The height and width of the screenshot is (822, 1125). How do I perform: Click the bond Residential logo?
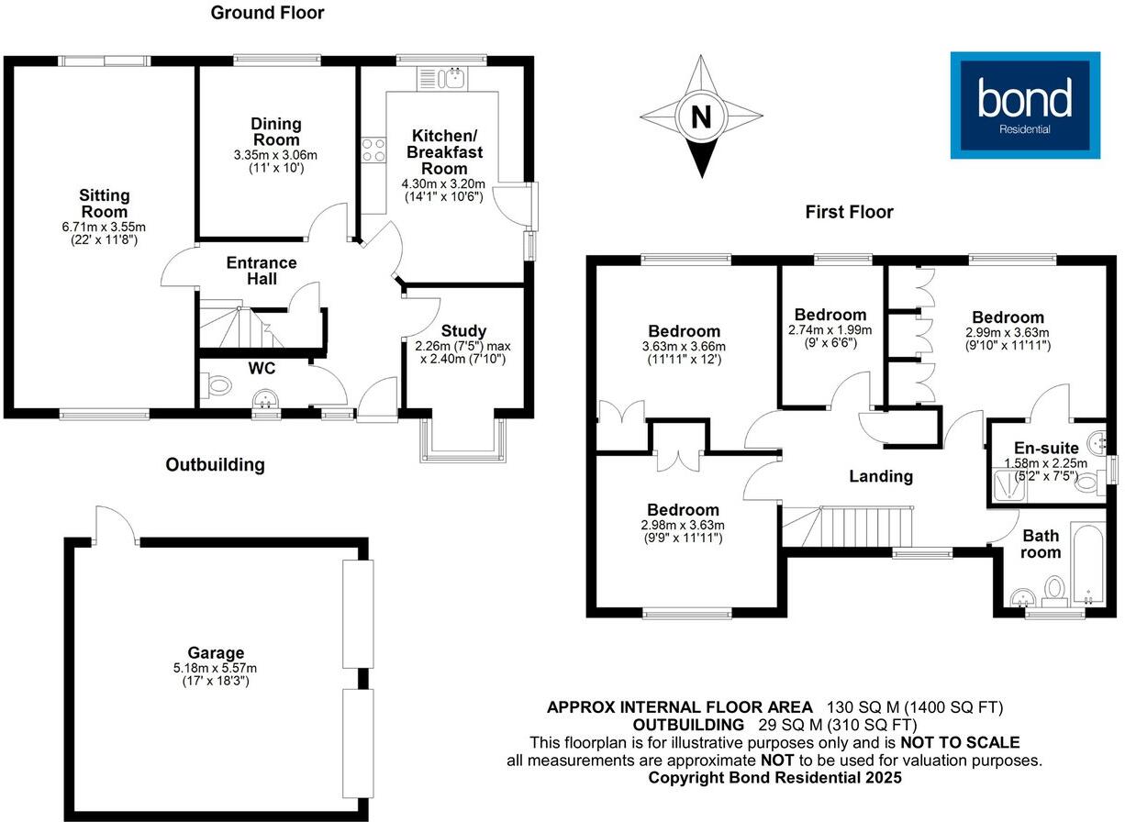point(1023,105)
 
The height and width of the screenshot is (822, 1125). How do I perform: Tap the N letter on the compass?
point(701,117)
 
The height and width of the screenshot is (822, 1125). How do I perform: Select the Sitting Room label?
point(105,204)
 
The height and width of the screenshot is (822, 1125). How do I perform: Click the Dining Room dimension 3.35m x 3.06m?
point(276,155)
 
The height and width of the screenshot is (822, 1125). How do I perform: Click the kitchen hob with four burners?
point(373,150)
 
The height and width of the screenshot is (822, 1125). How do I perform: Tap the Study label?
point(463,331)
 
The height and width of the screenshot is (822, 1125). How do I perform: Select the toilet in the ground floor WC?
point(216,387)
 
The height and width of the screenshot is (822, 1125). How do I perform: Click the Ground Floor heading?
point(267,13)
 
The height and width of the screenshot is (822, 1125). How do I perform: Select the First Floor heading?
point(849,212)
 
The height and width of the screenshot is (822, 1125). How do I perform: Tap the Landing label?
point(880,476)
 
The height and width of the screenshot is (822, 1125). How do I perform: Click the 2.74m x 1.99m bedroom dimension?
point(830,329)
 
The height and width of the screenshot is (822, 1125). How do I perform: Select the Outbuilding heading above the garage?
point(215,464)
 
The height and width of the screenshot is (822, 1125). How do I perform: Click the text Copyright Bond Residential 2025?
point(774,777)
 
